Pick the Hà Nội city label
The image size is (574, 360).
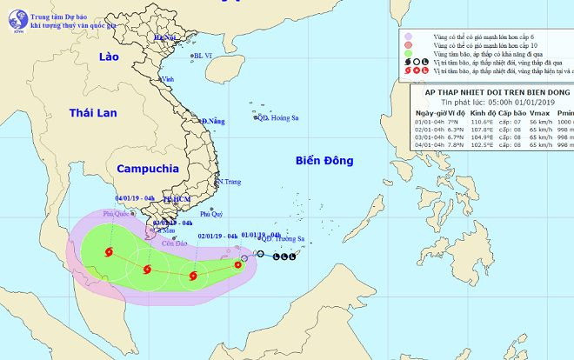pos(164,38)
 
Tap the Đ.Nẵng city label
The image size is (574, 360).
pos(214,121)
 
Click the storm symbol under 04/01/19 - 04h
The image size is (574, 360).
pos(109,253)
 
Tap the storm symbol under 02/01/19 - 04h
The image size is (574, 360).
pos(192,277)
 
